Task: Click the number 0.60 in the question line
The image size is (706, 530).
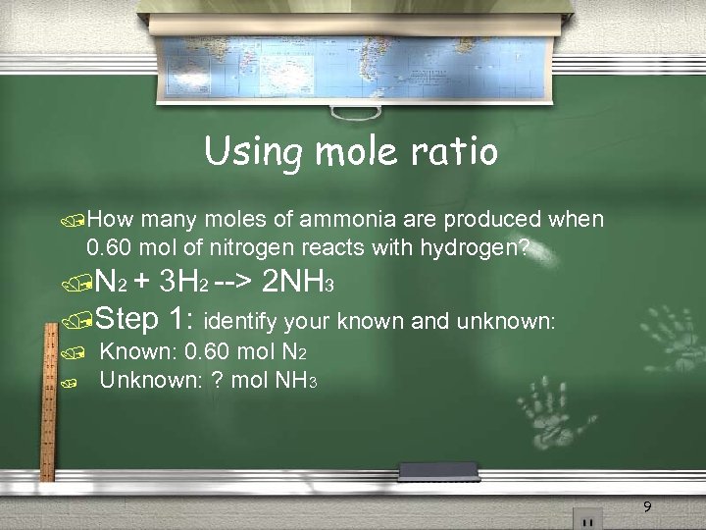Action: pos(107,247)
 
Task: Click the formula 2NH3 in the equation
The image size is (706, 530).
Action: pos(298,284)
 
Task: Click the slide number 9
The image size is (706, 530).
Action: pos(646,507)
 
